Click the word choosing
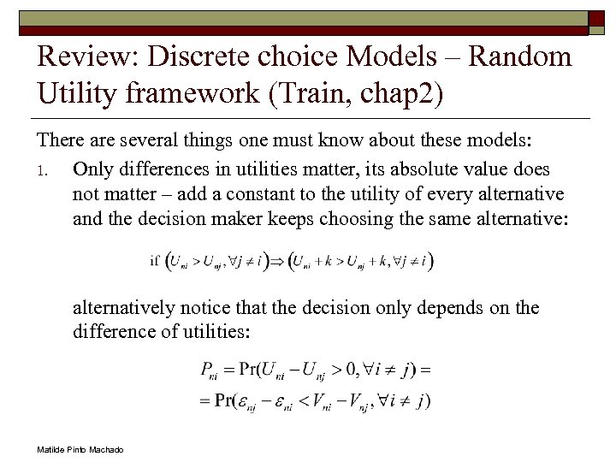[357, 218]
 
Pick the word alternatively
[124, 307]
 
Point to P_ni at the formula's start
[208, 370]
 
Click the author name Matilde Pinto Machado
[80, 450]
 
